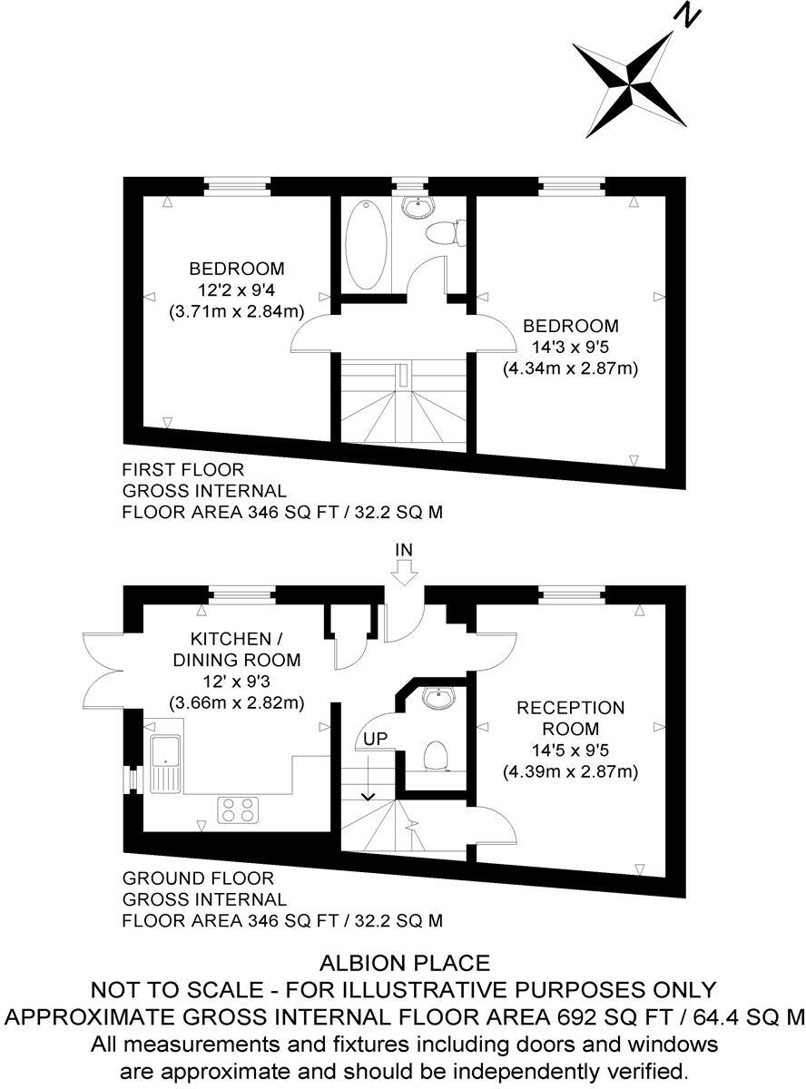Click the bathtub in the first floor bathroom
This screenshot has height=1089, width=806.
click(x=366, y=242)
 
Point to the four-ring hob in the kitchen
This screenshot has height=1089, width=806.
click(x=237, y=809)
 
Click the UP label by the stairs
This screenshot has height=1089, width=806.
click(x=376, y=738)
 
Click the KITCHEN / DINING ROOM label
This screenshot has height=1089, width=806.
click(x=236, y=649)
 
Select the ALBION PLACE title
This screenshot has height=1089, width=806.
click(x=404, y=963)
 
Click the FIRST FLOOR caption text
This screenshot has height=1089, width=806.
click(x=183, y=470)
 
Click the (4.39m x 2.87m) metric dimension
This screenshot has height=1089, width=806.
click(x=571, y=772)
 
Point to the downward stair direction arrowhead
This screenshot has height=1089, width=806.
click(x=368, y=796)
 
